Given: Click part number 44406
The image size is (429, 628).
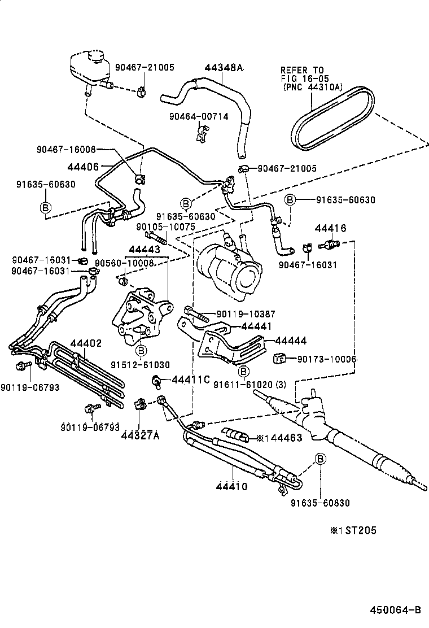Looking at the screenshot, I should [x=83, y=167].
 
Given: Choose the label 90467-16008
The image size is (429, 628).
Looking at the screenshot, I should [x=67, y=150].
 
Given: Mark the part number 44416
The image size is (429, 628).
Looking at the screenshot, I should [x=330, y=228].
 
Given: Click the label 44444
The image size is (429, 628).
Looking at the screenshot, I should [x=291, y=341].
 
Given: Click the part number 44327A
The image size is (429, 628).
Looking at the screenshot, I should [x=139, y=435].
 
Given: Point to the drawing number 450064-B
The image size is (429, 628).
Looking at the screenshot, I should [x=395, y=610].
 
